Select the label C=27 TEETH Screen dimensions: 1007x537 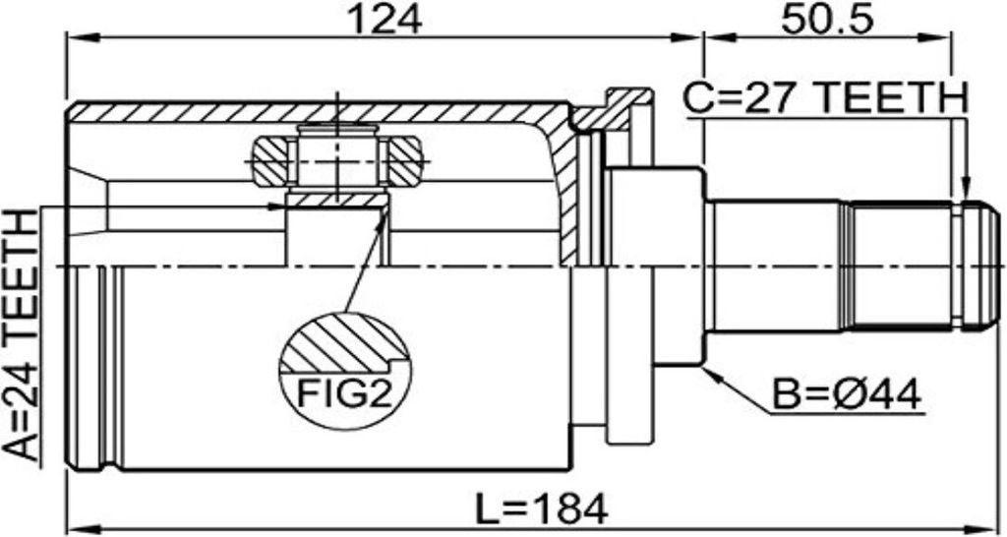click(825, 99)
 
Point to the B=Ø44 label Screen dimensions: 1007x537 click(847, 393)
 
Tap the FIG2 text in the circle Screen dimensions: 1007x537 click(344, 393)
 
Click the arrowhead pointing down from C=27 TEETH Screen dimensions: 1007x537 click(965, 187)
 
